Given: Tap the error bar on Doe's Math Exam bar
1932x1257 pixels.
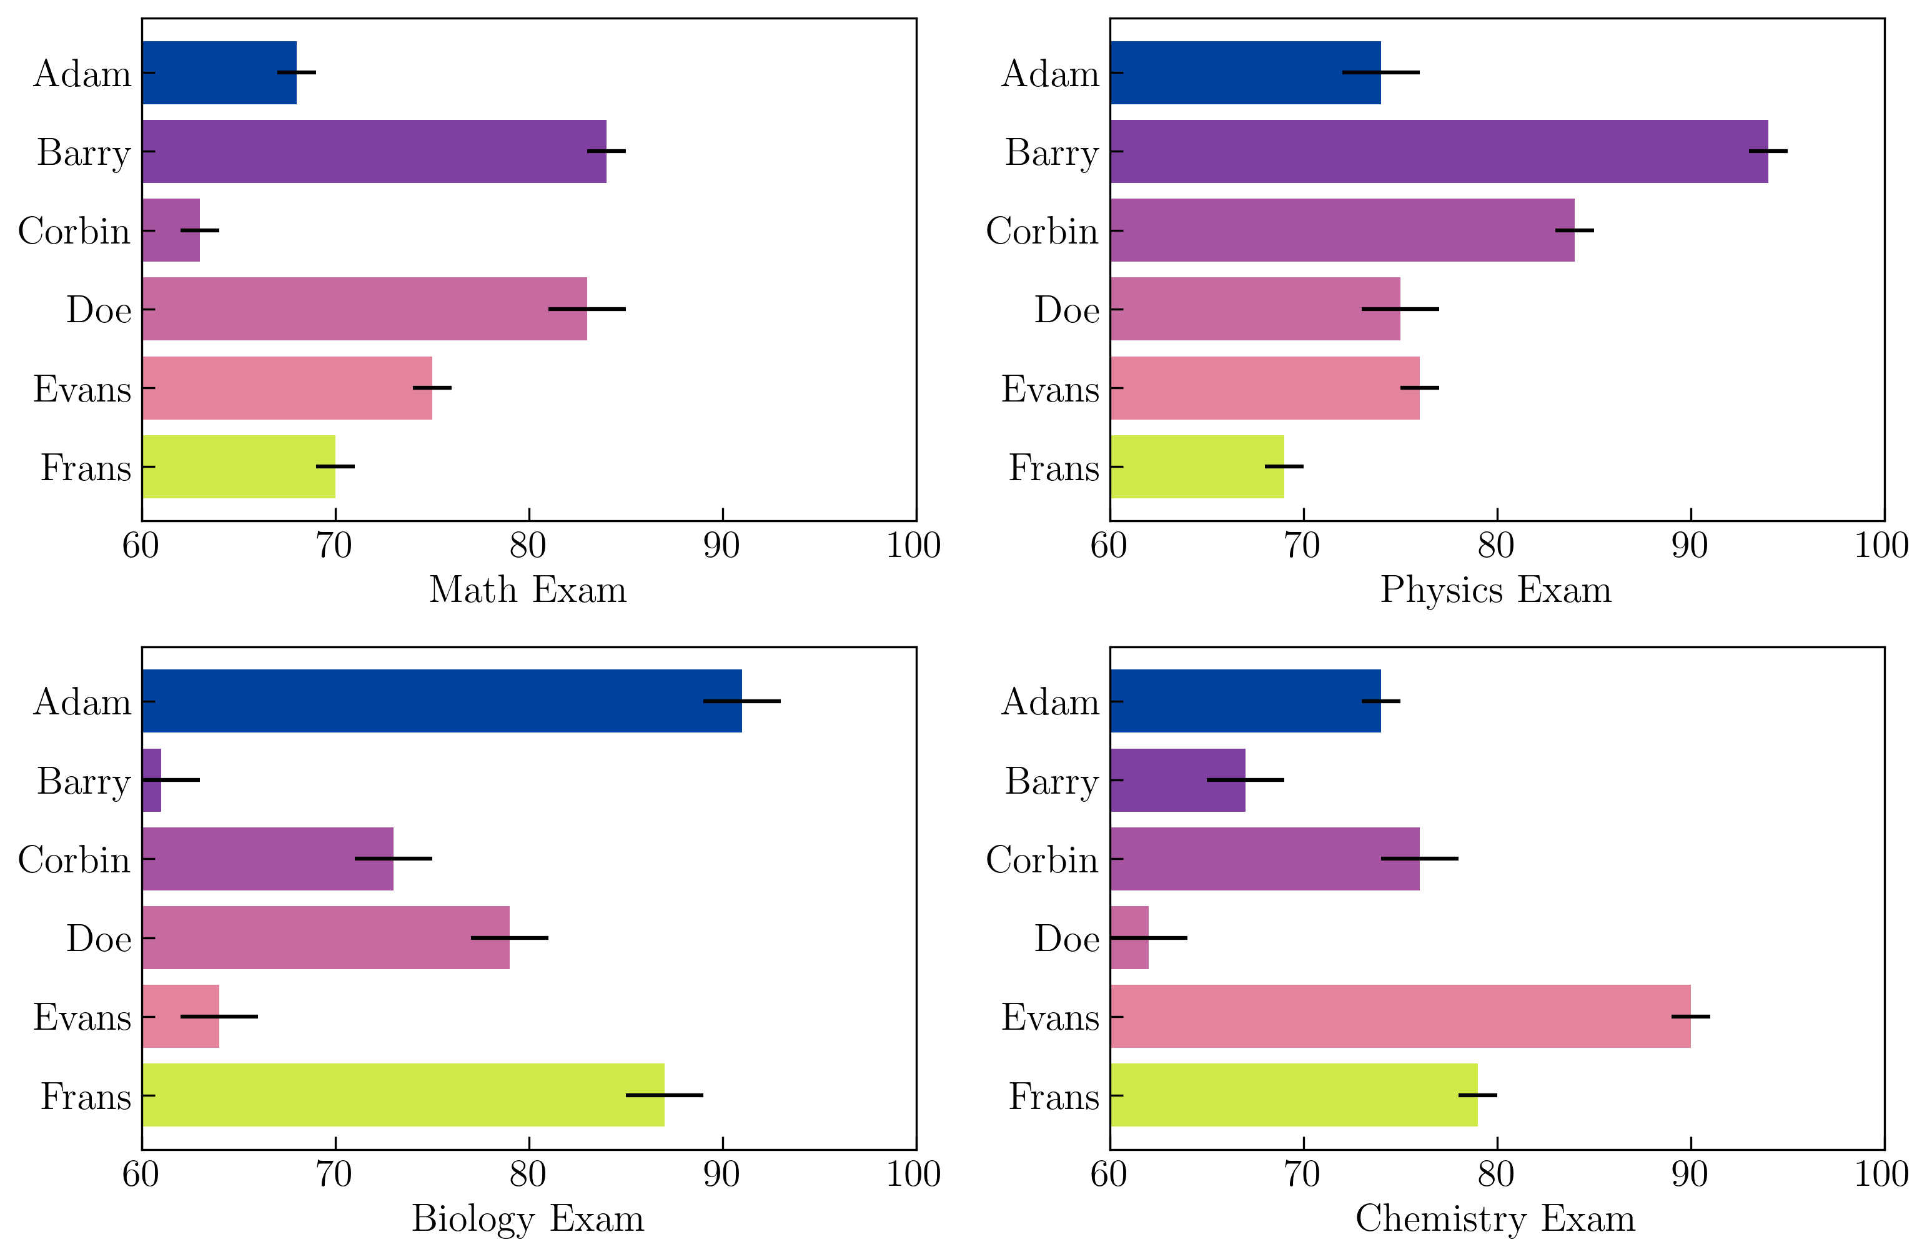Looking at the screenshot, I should (587, 309).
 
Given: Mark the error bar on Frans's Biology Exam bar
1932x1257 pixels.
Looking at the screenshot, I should (664, 1095).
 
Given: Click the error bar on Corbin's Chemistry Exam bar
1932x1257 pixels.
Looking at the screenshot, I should (1419, 859).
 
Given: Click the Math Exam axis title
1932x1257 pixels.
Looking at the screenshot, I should (528, 590).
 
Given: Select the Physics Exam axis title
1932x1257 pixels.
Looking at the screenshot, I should (1496, 590).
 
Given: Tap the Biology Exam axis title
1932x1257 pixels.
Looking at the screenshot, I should (528, 1219).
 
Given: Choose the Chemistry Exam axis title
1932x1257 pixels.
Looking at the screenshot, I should (1495, 1219).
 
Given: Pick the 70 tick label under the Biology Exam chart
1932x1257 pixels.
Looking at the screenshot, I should (334, 1174).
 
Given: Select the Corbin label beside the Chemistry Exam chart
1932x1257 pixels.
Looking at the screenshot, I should (1043, 859).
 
